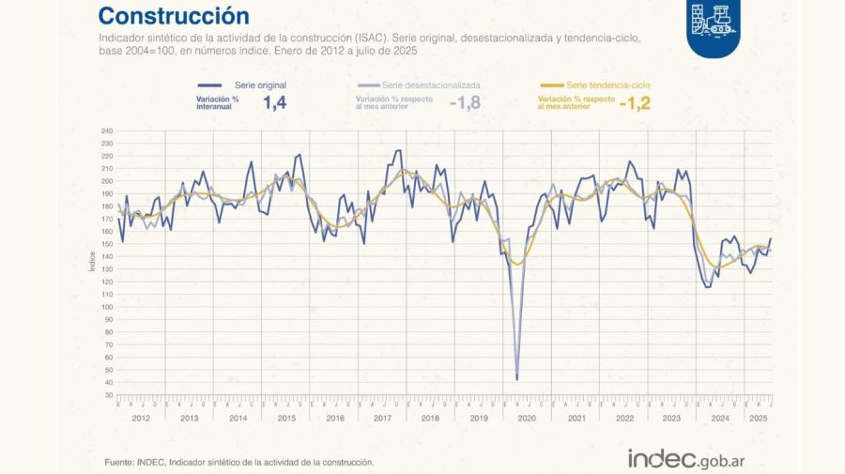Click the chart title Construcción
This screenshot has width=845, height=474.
(174, 16)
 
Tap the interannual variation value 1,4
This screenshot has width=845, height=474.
(274, 103)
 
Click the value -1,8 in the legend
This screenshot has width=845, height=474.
(465, 103)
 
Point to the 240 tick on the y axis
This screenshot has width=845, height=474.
(106, 130)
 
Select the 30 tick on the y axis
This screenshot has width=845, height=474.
(108, 395)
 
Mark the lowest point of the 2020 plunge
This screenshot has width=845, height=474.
(517, 378)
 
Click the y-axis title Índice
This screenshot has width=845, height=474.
(92, 261)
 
